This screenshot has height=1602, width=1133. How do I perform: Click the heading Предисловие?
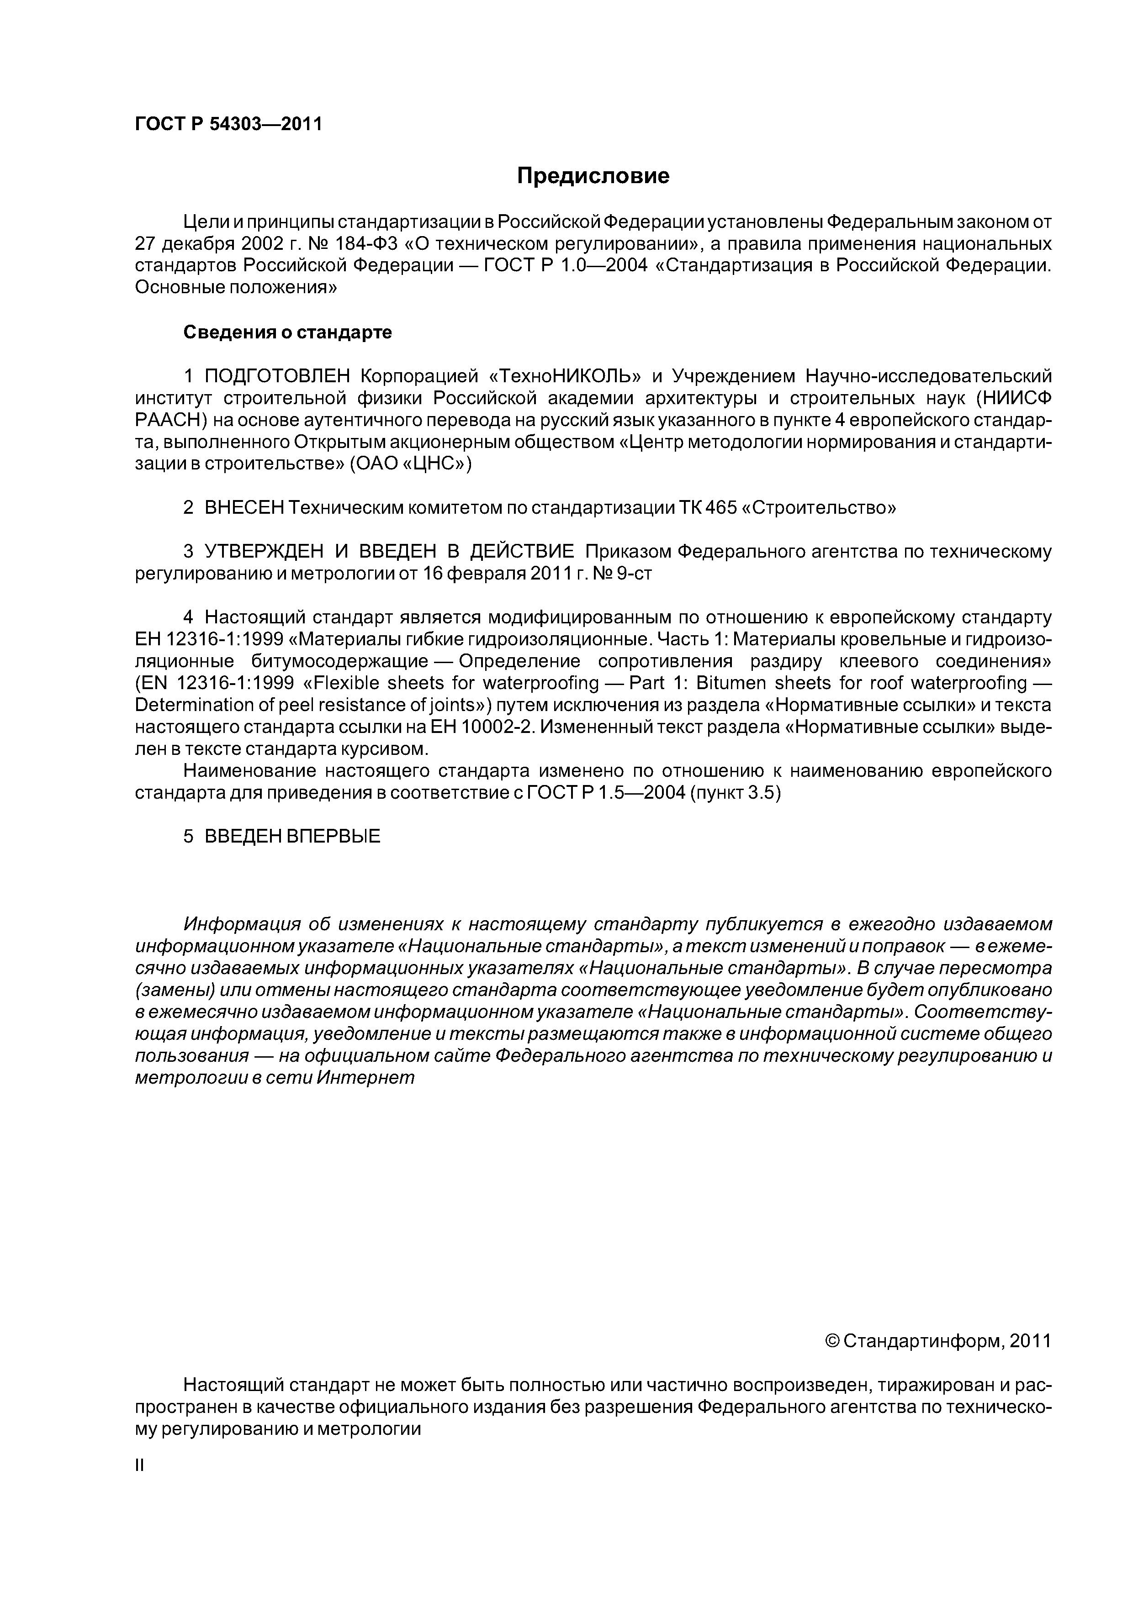[x=593, y=176]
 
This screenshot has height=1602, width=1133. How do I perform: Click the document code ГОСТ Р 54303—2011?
[x=228, y=124]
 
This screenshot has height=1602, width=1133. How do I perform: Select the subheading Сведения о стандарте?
[x=287, y=333]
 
